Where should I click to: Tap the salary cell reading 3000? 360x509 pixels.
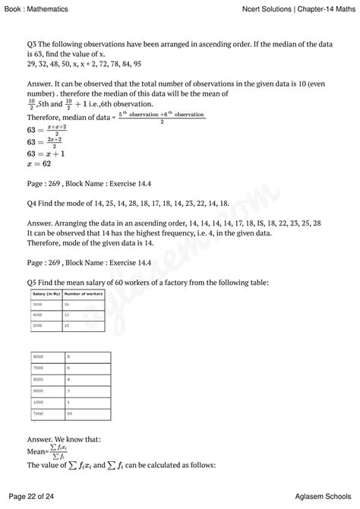pos(37,303)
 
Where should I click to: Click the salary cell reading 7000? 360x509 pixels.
pos(37,367)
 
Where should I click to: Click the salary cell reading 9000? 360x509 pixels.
pos(37,390)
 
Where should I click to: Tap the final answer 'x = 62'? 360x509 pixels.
pos(39,163)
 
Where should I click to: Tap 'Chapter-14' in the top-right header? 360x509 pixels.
pos(310,8)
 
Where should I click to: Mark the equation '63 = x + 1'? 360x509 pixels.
pos(46,152)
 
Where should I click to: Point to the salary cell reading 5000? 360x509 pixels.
pos(37,324)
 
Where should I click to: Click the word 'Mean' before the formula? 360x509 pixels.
pos(36,450)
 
